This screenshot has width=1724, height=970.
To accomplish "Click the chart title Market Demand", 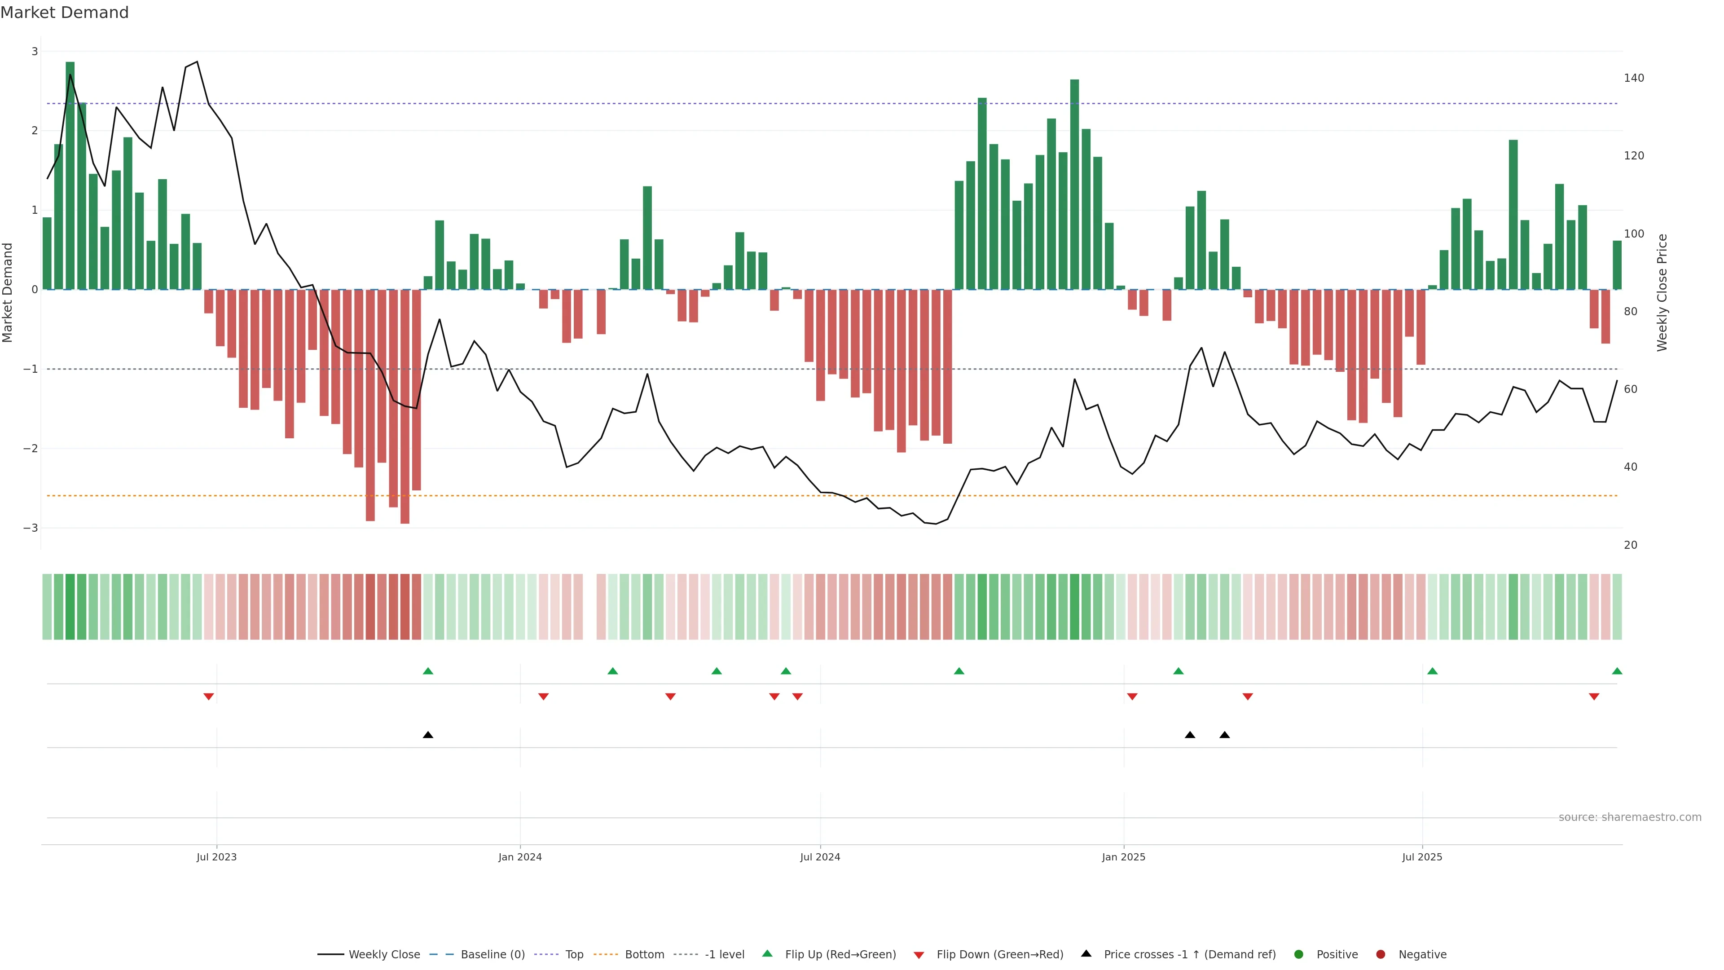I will click(x=64, y=13).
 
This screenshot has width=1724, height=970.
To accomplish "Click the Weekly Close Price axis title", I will click(x=1662, y=292).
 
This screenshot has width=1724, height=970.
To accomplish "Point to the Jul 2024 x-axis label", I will click(x=820, y=857).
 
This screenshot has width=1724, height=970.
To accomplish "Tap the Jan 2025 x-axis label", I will click(x=1123, y=857).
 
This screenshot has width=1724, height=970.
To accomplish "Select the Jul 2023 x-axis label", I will click(x=216, y=857).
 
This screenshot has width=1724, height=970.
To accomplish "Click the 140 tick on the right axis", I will click(x=1634, y=78).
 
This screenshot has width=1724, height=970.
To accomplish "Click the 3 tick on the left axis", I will click(x=35, y=52).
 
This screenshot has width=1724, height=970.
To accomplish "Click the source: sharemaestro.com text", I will click(x=1630, y=817).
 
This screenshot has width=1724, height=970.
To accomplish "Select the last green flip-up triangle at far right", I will click(x=1617, y=671).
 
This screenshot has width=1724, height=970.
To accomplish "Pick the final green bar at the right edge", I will click(x=1617, y=265).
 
